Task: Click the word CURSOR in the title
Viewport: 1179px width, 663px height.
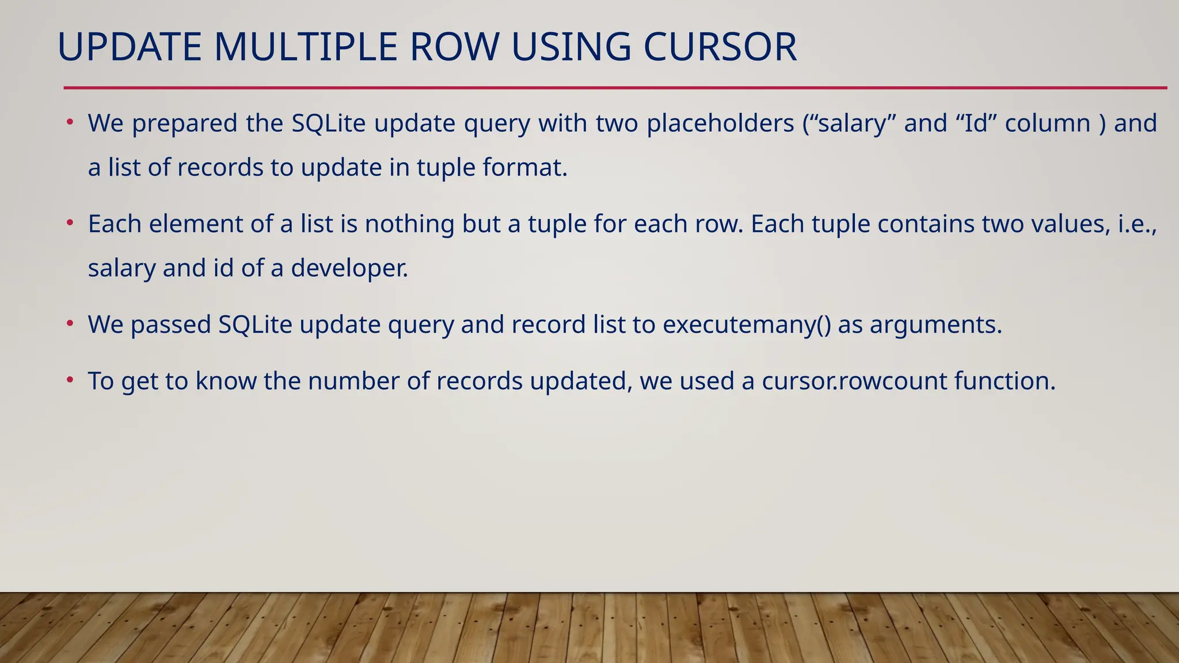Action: tap(720, 47)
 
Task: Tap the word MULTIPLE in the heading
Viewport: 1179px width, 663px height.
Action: tap(306, 47)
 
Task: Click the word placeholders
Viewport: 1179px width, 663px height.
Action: tap(720, 124)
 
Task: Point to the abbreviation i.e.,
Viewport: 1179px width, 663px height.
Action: tap(1138, 224)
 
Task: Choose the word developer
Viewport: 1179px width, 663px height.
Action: tap(349, 268)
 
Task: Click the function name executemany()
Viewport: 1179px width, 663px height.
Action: tap(747, 325)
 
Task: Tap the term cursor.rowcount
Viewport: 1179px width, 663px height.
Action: tap(854, 381)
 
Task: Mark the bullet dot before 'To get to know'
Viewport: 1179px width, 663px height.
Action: tap(70, 380)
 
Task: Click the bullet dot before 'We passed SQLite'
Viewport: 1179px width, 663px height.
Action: tap(70, 323)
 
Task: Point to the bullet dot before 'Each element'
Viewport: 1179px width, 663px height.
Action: tap(70, 223)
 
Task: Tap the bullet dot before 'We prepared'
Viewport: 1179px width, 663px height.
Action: tap(70, 122)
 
